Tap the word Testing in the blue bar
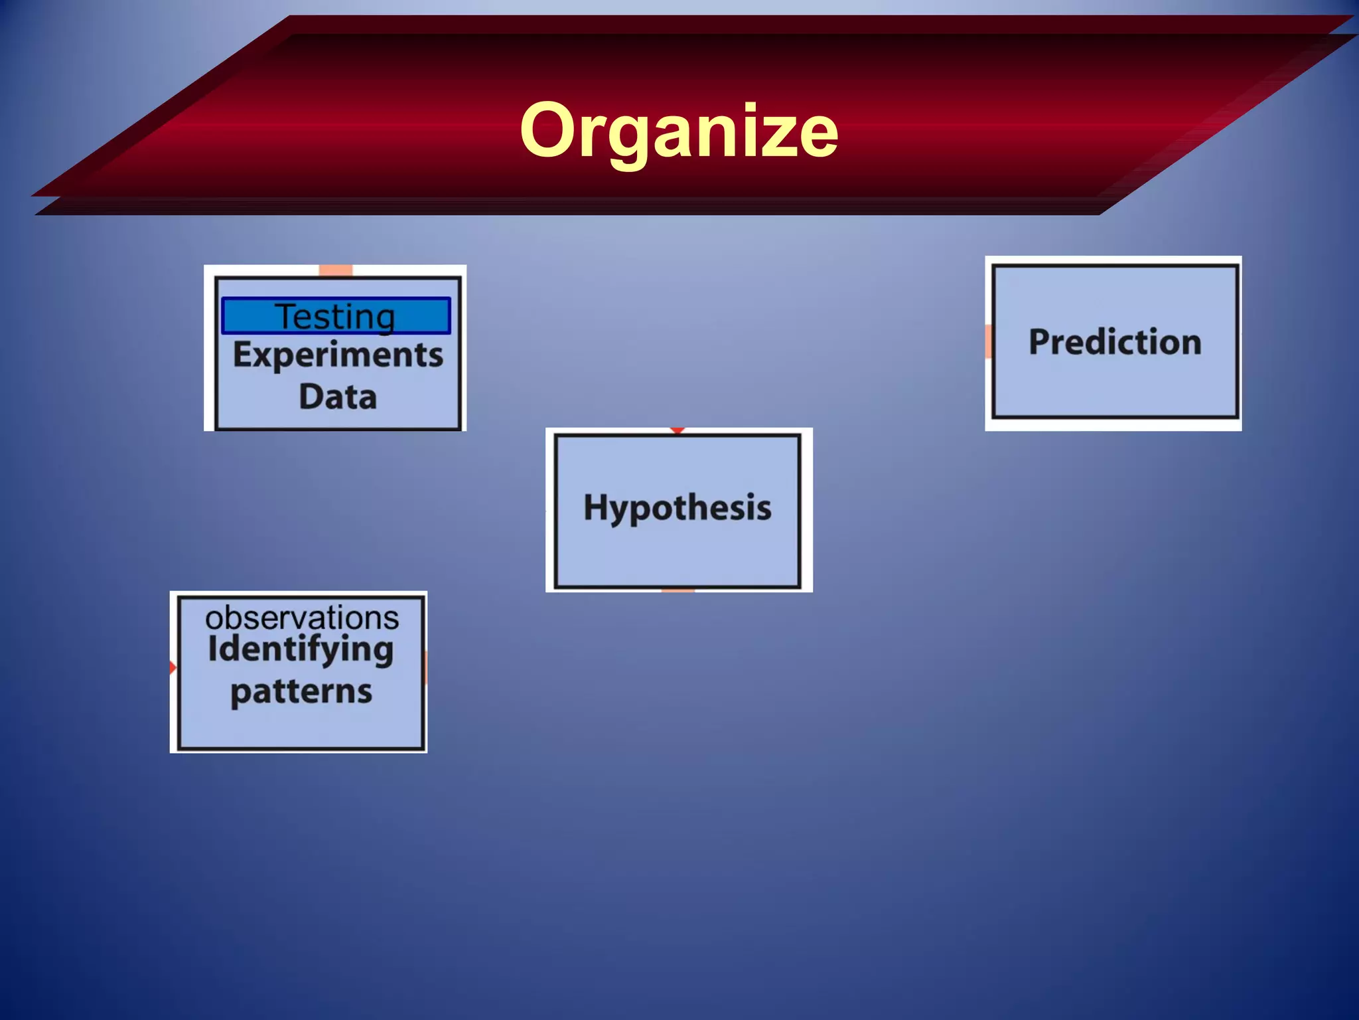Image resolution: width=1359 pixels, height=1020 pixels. tap(335, 316)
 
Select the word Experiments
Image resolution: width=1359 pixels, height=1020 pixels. tap(338, 355)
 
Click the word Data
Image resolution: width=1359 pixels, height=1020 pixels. tap(338, 396)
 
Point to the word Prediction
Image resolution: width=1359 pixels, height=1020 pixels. tap(1115, 342)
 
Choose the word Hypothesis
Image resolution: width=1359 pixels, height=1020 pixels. tap(678, 508)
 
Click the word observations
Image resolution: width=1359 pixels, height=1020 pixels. tap(302, 618)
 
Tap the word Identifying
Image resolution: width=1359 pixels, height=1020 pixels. tap(301, 649)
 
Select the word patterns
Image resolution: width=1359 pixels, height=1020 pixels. tap(301, 692)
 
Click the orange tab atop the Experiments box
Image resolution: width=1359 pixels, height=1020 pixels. tap(336, 270)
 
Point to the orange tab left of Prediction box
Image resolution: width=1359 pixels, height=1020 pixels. tap(989, 341)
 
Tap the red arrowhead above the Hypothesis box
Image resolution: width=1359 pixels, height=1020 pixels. tap(677, 431)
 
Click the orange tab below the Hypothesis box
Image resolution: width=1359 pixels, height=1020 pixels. tap(678, 590)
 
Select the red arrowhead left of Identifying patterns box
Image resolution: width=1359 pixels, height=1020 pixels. tap(173, 667)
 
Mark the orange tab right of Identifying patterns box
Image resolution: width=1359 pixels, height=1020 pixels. tap(425, 667)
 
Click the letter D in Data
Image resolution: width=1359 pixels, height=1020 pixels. tap(312, 396)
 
